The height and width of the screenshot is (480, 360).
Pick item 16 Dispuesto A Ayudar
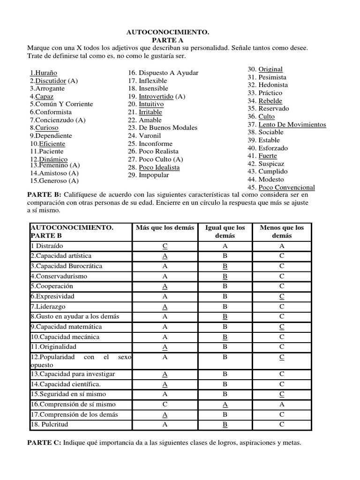pos(163,73)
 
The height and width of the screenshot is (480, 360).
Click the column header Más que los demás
pos(165,228)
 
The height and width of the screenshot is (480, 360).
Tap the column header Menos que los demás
pos(281,232)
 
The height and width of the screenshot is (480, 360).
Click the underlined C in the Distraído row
pos(165,246)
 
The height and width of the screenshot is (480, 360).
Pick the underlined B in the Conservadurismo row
pos(225,277)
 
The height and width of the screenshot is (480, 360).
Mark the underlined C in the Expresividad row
pos(281,297)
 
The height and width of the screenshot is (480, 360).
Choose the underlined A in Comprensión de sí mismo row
pos(225,405)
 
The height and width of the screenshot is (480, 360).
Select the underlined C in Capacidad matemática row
pos(281,327)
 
